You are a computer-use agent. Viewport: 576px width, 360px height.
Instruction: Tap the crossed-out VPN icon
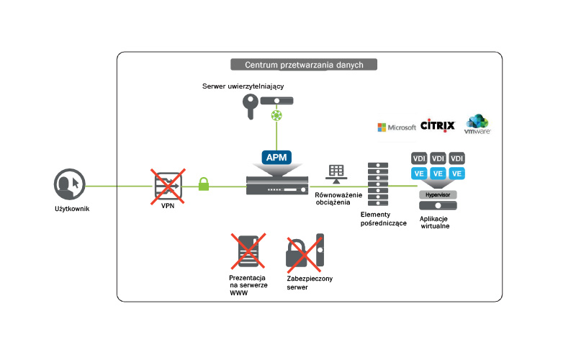[x=168, y=186]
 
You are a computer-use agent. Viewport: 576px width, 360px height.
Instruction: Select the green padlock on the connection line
[x=204, y=184]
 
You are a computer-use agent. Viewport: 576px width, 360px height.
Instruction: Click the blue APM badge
[x=276, y=158]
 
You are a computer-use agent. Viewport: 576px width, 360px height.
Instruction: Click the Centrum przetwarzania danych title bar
[x=304, y=65]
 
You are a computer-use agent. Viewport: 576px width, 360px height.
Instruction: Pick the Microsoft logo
[x=397, y=127]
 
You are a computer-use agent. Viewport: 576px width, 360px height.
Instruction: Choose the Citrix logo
[x=438, y=126]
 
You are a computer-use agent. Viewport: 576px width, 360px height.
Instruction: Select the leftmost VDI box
[x=419, y=158]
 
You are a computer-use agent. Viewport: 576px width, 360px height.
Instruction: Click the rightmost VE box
[x=456, y=174]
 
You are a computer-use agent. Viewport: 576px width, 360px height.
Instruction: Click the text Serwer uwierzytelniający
[x=243, y=86]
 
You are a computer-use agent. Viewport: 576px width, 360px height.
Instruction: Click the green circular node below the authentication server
[x=276, y=115]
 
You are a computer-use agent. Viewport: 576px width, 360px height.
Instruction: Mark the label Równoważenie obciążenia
[x=338, y=199]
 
